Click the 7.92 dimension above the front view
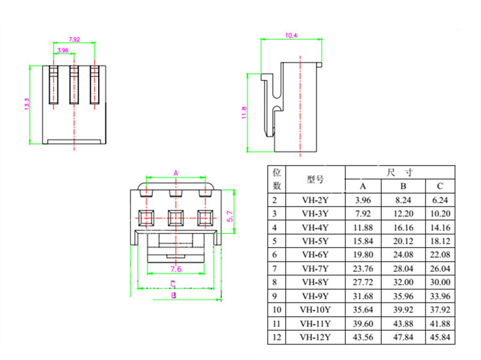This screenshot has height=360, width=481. click(74, 39)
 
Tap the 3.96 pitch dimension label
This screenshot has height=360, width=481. click(63, 50)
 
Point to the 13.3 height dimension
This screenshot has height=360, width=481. click(26, 104)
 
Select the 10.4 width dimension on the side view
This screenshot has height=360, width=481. click(291, 35)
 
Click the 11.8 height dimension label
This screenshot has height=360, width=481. click(244, 112)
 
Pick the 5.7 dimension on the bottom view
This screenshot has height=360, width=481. click(230, 216)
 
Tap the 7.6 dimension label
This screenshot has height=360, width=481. click(176, 269)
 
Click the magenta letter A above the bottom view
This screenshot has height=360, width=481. click(176, 173)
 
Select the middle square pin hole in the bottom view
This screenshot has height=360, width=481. click(176, 218)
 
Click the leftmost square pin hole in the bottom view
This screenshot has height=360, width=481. click(146, 218)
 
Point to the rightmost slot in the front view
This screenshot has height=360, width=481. click(94, 85)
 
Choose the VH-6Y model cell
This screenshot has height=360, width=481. click(315, 255)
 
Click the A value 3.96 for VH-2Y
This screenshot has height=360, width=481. click(363, 200)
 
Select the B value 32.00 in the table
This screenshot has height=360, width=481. click(403, 282)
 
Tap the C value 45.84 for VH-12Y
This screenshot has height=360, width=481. click(440, 337)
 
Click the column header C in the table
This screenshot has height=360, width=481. click(440, 186)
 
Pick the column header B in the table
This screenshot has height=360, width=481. click(403, 186)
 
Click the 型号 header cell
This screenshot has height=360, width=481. click(315, 179)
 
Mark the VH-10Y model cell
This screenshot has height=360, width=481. click(315, 310)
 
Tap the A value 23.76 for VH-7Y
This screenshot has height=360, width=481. click(363, 269)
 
